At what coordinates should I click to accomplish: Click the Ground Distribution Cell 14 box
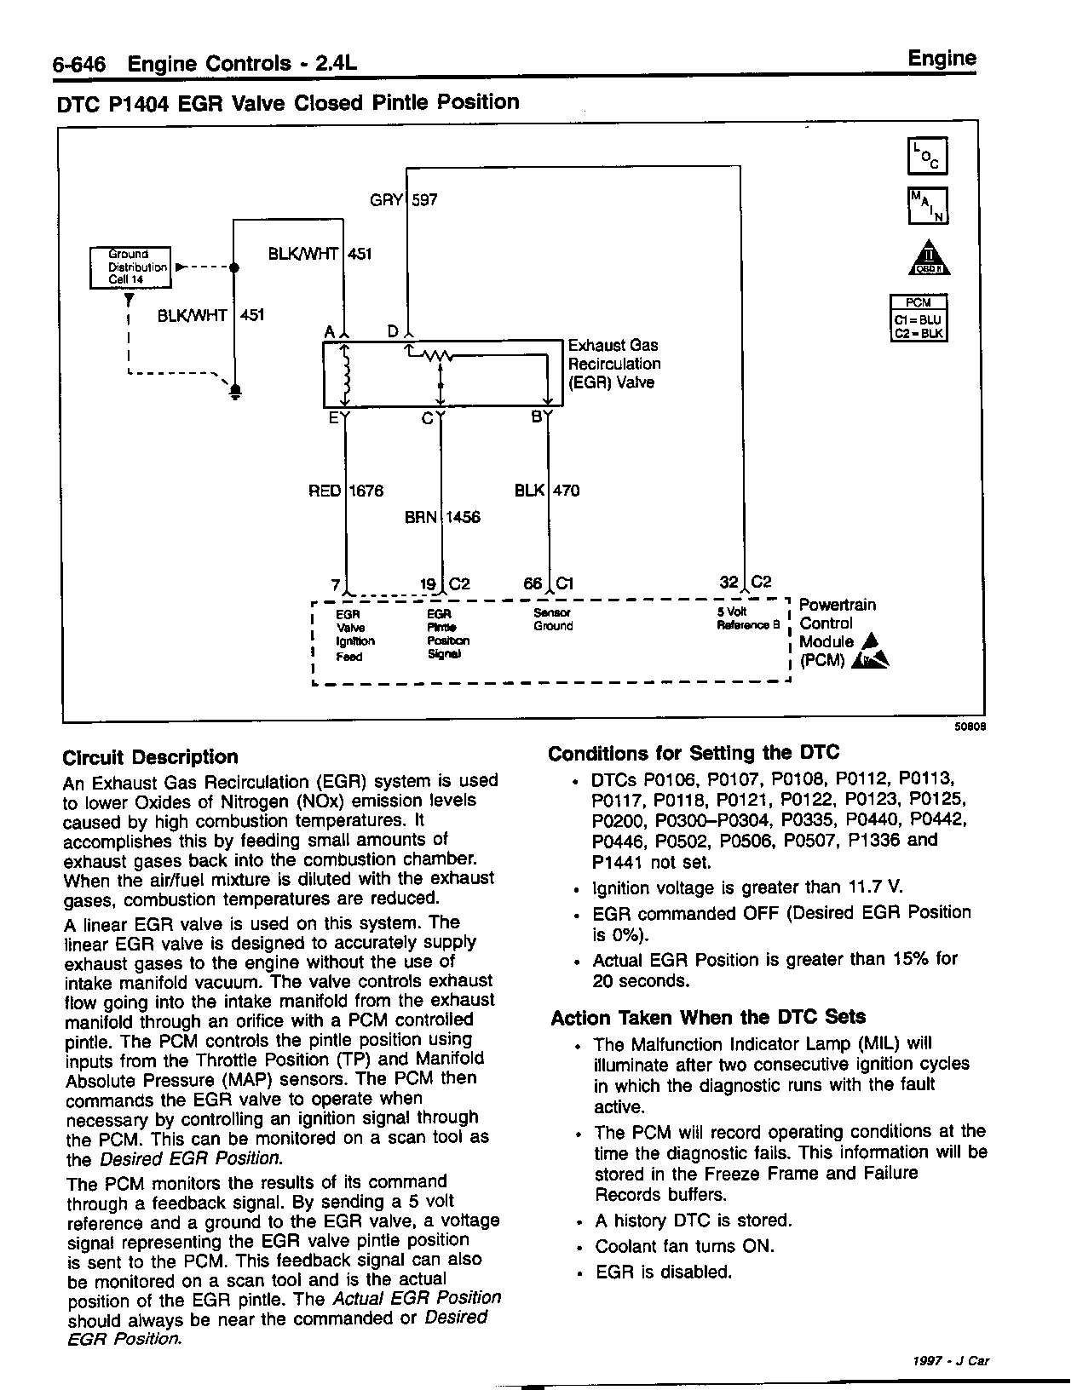(x=130, y=267)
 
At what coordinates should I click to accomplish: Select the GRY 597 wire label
(x=404, y=200)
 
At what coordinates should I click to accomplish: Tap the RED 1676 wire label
(x=346, y=491)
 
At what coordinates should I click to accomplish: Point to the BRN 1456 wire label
(x=441, y=517)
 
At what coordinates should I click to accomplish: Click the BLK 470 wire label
(x=547, y=491)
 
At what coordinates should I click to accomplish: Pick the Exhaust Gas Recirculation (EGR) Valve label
(x=613, y=364)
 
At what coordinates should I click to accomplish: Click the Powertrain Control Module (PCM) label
(x=838, y=633)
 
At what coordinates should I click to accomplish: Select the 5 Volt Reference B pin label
(x=749, y=618)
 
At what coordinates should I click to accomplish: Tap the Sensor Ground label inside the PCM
(x=553, y=619)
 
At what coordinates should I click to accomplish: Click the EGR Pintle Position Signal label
(x=447, y=634)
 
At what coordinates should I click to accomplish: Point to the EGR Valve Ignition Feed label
(x=354, y=635)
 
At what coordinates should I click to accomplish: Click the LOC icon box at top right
(x=927, y=156)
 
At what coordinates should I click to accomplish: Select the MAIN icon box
(x=927, y=205)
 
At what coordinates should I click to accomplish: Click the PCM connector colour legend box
(x=919, y=318)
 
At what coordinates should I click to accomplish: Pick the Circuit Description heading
(x=151, y=757)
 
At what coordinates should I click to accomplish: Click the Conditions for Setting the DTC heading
(x=694, y=753)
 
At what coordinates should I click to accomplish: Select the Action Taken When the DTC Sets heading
(x=708, y=1017)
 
